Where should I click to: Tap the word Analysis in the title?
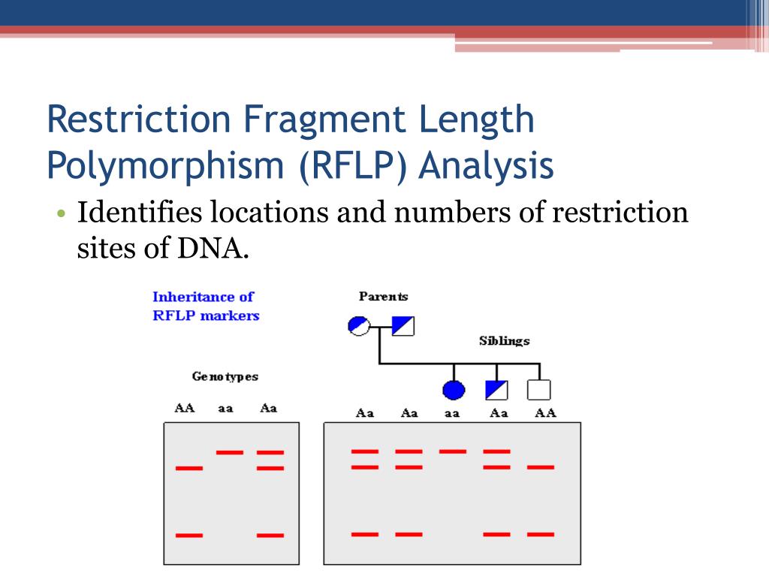click(486, 167)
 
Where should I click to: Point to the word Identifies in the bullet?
click(141, 213)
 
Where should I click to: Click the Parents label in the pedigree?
click(383, 297)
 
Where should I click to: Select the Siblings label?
click(504, 341)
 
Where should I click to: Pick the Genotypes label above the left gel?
click(225, 376)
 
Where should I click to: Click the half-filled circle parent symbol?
click(359, 326)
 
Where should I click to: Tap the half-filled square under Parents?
click(403, 326)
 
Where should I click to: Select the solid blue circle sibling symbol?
click(454, 390)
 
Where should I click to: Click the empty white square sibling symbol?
click(538, 390)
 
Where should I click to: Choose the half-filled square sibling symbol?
click(496, 390)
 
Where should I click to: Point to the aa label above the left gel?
click(225, 409)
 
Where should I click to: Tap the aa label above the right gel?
click(451, 413)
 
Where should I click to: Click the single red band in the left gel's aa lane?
click(229, 452)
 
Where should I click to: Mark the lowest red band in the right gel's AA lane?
click(540, 534)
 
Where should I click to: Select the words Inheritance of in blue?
click(203, 297)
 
